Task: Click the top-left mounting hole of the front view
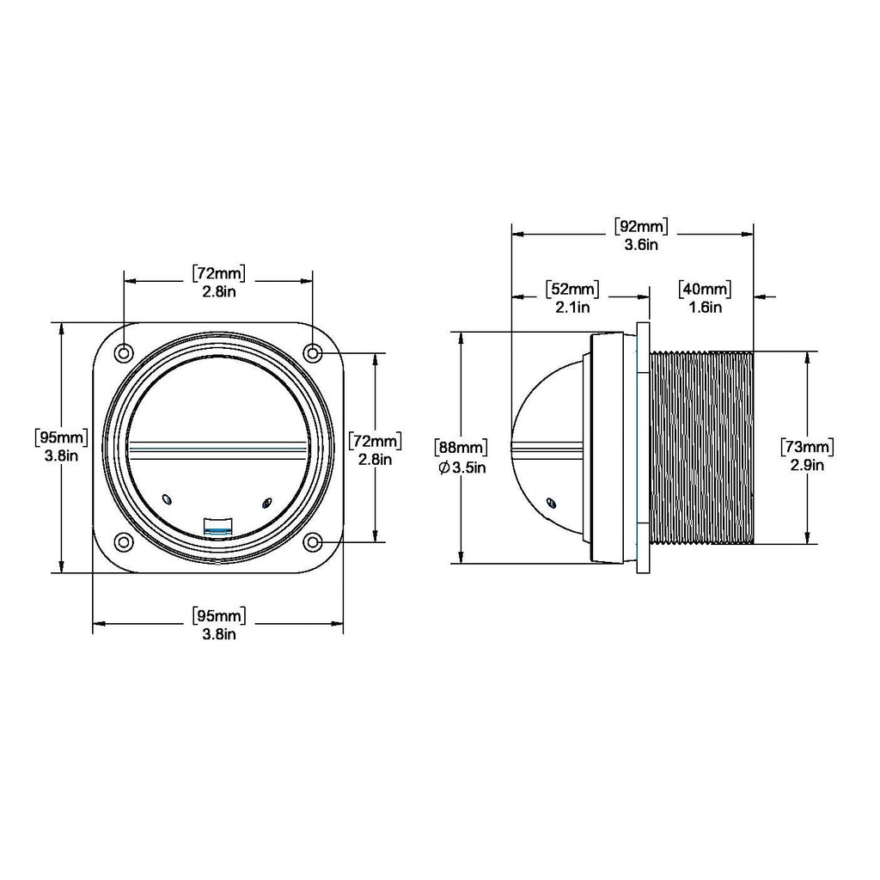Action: pyautogui.click(x=124, y=353)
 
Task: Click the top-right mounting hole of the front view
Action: pyautogui.click(x=313, y=353)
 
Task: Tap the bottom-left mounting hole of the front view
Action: pyautogui.click(x=124, y=542)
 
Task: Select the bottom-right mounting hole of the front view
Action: pyautogui.click(x=313, y=542)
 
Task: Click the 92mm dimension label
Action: pyautogui.click(x=641, y=227)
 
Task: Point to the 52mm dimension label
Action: pyautogui.click(x=571, y=290)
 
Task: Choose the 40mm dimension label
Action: pyautogui.click(x=705, y=290)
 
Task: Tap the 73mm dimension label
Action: pyautogui.click(x=807, y=447)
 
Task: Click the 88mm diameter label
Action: pyautogui.click(x=461, y=448)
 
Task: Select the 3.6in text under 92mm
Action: pyautogui.click(x=641, y=245)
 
